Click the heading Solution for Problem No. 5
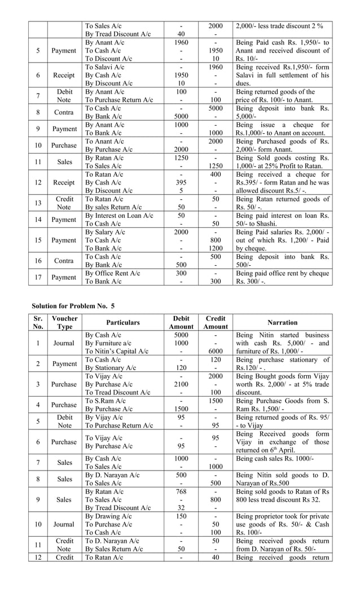click(x=73, y=305)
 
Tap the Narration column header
click(x=282, y=322)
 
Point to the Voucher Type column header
click(x=65, y=322)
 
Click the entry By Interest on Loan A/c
click(x=118, y=216)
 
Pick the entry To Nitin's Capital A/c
click(x=116, y=351)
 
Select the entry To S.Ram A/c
click(x=106, y=401)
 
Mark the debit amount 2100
click(x=181, y=384)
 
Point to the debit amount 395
click(x=181, y=182)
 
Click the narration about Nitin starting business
click(x=282, y=343)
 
